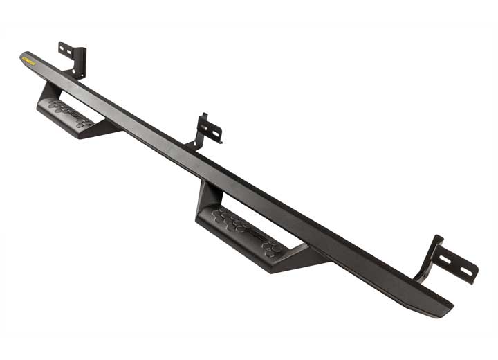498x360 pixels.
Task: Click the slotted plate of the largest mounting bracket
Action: (457, 264)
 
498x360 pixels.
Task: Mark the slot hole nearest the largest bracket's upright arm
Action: (447, 260)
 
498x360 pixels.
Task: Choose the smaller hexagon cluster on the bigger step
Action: (272, 247)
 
